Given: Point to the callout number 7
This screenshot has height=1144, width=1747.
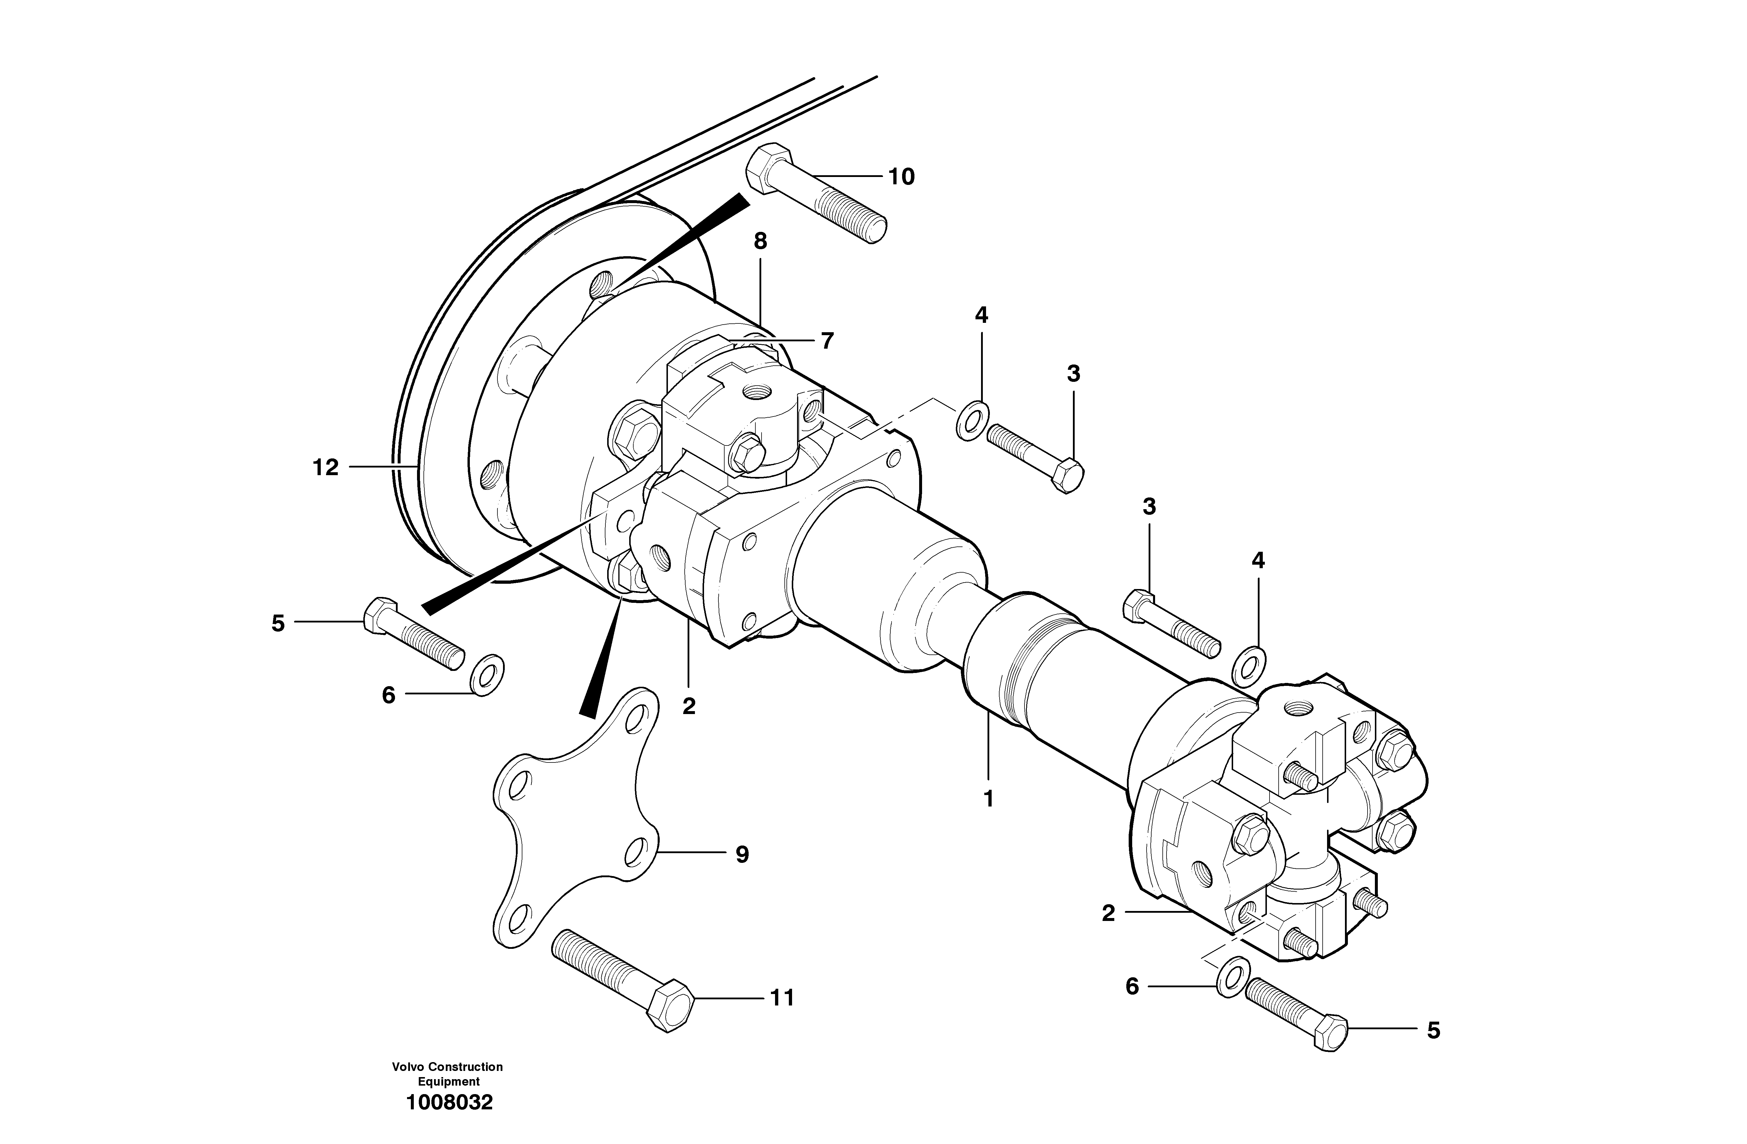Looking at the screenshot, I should click(x=827, y=341).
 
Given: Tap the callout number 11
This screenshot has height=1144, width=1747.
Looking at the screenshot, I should click(x=782, y=998).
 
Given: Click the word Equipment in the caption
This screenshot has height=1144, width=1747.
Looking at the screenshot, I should click(x=448, y=1081).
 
